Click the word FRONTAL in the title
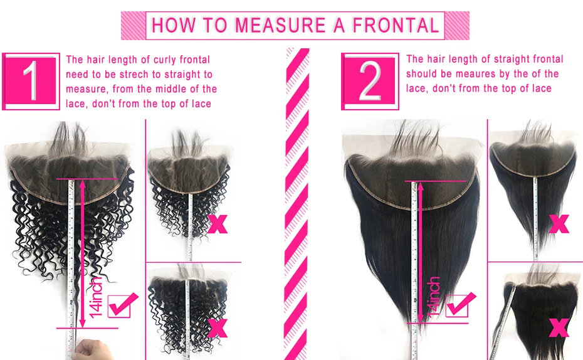[396, 26]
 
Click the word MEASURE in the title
[280, 26]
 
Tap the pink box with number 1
[31, 82]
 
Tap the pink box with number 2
[370, 82]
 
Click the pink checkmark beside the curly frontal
[122, 305]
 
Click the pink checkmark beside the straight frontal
[460, 304]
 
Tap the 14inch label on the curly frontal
[96, 297]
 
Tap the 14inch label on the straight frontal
[434, 297]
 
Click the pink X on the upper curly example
[217, 224]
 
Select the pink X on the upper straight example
[559, 224]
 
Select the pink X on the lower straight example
[559, 327]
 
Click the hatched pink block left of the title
[133, 26]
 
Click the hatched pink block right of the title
[457, 26]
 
